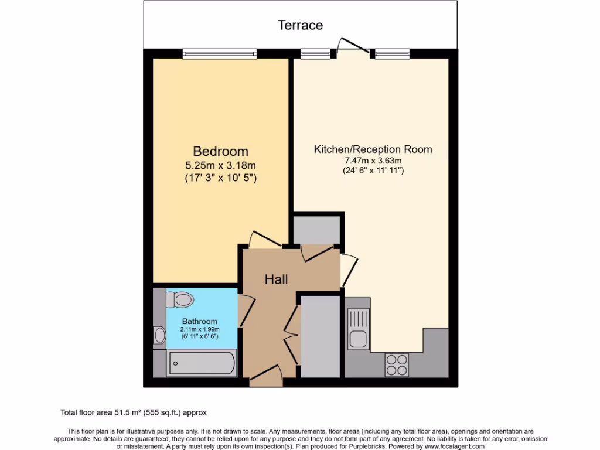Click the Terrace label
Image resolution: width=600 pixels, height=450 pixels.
[300, 25]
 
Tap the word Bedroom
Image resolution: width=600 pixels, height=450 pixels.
[220, 152]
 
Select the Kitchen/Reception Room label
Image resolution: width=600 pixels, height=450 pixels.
[373, 149]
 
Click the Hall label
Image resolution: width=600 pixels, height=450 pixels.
[276, 279]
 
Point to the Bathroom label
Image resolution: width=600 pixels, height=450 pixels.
[199, 321]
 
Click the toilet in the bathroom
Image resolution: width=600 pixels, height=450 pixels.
[180, 300]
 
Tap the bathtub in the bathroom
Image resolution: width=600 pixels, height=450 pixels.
[202, 364]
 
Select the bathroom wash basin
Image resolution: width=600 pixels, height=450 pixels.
[159, 336]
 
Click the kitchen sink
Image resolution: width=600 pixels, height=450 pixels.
[357, 328]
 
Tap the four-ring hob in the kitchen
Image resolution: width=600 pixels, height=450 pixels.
[397, 365]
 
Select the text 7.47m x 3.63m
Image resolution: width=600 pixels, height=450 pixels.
[373, 161]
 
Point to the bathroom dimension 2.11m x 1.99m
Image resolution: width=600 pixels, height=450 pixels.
[199, 330]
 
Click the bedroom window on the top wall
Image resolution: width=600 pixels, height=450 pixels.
[220, 54]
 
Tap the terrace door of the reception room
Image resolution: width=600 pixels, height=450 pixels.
[353, 47]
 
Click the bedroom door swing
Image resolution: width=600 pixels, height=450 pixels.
[262, 238]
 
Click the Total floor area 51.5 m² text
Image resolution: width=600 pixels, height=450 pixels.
[134, 412]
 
